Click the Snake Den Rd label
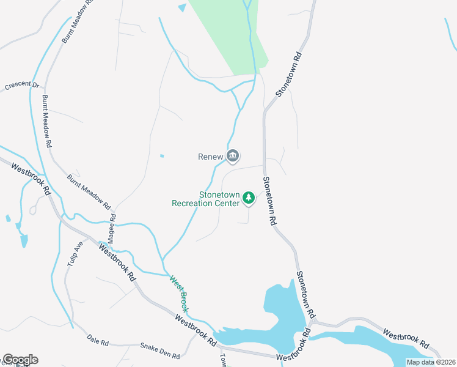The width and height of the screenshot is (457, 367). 160,350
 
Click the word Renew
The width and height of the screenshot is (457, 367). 210,157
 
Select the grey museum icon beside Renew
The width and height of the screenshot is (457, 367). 232,157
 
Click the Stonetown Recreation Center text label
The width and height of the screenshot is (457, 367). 205,199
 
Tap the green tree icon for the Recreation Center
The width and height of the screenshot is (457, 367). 248,198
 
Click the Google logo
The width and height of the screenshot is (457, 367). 20,360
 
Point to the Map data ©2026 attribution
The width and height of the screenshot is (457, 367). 431,362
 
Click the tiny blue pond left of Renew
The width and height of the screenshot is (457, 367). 162,156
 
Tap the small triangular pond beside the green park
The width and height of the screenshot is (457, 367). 182,8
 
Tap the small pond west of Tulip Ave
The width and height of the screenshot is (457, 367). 23,239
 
